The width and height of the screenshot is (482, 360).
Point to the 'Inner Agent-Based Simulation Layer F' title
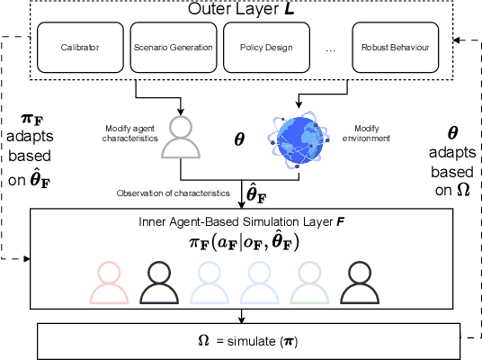coord(242,222)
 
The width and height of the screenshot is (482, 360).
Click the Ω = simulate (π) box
coord(241,340)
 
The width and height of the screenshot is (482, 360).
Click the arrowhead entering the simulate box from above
coord(241,318)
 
